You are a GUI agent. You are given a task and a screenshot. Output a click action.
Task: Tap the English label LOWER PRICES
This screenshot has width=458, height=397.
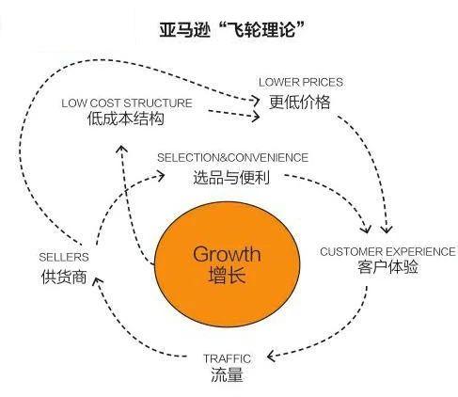(x=300, y=82)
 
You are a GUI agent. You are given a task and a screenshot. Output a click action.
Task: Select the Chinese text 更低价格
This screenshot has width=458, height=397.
(x=300, y=101)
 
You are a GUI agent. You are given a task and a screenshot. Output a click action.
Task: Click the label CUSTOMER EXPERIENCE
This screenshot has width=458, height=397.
(x=380, y=251)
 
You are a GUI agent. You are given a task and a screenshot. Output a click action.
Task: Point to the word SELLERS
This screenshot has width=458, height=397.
(x=64, y=257)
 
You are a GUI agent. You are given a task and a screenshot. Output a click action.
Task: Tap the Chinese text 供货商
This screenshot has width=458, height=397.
(x=65, y=277)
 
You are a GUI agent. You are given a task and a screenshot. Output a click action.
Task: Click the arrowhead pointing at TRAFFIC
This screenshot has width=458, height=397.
(x=271, y=356)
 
